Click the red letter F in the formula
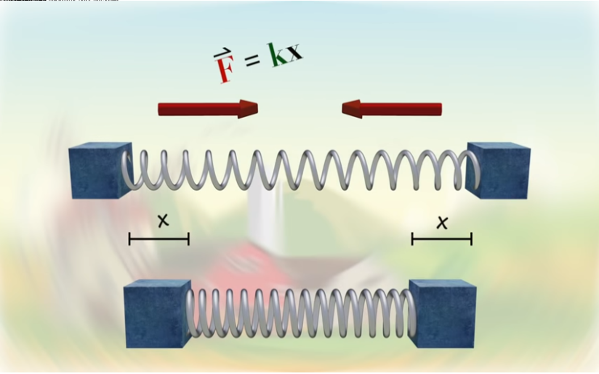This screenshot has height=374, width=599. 224,70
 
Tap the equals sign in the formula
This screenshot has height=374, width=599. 252,59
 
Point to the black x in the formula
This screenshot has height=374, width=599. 293,51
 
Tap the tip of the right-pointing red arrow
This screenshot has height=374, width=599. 256,108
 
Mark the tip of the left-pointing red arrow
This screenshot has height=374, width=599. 343,109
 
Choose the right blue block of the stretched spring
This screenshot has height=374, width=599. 499,172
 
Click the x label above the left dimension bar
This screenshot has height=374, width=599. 163,220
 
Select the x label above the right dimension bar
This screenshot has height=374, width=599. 442,222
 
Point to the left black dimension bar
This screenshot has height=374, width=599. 159,239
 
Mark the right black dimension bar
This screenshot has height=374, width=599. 442,239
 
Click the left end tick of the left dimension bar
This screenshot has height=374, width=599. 130,239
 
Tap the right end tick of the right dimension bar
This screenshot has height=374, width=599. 471,239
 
